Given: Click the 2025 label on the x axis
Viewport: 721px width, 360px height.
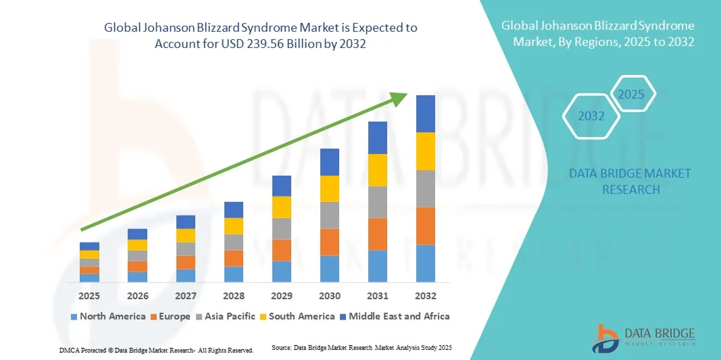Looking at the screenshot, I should pyautogui.click(x=89, y=296).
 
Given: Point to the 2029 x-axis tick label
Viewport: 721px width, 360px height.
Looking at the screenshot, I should pyautogui.click(x=281, y=296).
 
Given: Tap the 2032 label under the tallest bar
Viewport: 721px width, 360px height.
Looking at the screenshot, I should pyautogui.click(x=426, y=296).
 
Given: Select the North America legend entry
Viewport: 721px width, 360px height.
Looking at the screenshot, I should pyautogui.click(x=107, y=316).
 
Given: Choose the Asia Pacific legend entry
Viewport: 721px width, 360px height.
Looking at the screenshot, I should pyautogui.click(x=226, y=316).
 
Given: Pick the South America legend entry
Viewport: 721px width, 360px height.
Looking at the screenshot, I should pyautogui.click(x=297, y=316).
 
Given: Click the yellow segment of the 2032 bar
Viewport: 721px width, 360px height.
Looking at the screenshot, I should pyautogui.click(x=426, y=151).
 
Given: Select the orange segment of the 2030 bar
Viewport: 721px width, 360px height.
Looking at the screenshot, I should pyautogui.click(x=329, y=242).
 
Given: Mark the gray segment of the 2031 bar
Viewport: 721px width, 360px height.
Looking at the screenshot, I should pyautogui.click(x=378, y=202).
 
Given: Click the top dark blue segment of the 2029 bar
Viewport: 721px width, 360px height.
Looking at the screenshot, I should pyautogui.click(x=281, y=186).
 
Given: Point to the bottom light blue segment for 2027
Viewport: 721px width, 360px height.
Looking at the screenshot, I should pyautogui.click(x=185, y=276).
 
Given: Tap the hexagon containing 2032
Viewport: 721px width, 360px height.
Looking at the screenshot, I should pyautogui.click(x=591, y=116).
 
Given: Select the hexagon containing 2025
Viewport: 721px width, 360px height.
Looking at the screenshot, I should pyautogui.click(x=632, y=94).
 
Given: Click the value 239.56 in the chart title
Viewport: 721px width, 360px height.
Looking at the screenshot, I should pyautogui.click(x=278, y=43).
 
